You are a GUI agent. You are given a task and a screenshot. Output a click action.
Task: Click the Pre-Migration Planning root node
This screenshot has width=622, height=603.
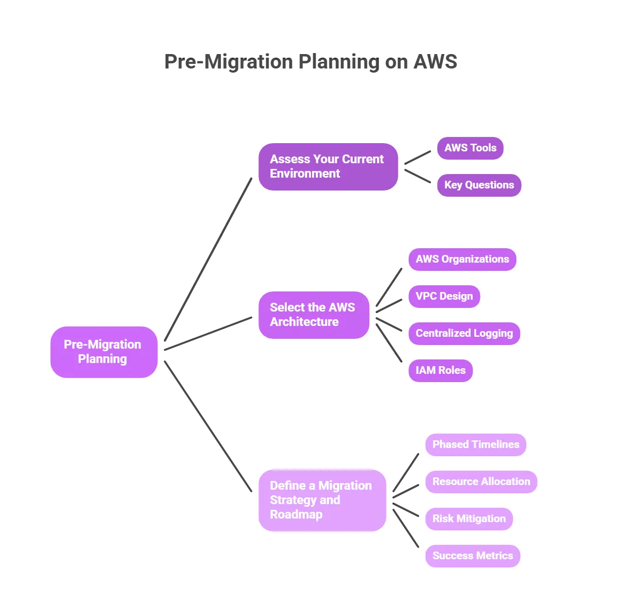click(103, 352)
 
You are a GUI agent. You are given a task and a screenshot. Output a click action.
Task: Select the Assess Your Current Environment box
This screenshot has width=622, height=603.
click(328, 166)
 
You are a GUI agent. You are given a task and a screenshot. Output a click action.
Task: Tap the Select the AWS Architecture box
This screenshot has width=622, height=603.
click(314, 315)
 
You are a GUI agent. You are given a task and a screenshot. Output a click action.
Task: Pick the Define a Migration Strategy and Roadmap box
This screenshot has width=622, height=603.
click(322, 500)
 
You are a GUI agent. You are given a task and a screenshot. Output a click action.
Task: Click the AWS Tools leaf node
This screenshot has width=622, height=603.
click(470, 148)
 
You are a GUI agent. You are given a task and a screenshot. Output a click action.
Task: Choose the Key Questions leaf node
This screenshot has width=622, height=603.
click(479, 185)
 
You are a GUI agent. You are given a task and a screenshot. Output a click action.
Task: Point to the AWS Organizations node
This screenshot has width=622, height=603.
click(462, 259)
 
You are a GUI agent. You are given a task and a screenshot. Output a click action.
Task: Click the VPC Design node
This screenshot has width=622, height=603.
click(444, 296)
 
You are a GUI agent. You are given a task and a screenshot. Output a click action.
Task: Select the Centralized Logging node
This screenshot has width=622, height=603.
click(464, 333)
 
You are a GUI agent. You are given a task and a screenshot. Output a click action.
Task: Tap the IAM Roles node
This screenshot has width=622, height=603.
click(440, 370)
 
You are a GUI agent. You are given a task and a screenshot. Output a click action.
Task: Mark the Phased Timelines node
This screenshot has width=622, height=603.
click(476, 444)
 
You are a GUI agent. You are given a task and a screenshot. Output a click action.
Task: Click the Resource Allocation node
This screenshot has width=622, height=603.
click(481, 481)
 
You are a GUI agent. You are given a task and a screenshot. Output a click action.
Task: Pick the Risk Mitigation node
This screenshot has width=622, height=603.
click(469, 519)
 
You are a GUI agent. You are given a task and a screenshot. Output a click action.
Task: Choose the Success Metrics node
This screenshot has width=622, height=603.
click(473, 556)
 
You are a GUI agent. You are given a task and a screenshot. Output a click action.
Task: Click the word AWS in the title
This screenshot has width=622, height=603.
click(435, 62)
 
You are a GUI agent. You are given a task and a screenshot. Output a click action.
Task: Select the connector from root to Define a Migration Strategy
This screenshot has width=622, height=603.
click(208, 426)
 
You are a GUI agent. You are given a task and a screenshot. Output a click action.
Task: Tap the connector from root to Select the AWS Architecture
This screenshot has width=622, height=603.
click(208, 333)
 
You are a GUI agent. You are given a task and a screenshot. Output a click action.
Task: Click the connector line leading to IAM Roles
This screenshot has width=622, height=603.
click(389, 342)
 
